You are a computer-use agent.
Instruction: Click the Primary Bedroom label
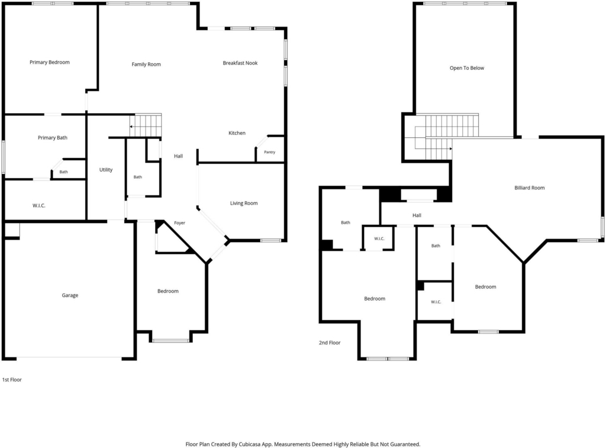tap(50, 62)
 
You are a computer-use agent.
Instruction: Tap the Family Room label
tap(146, 65)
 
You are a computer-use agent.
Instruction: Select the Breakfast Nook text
tap(240, 63)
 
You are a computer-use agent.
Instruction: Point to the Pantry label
tap(270, 152)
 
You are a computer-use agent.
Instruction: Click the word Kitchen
tap(237, 133)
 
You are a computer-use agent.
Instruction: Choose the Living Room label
tap(244, 204)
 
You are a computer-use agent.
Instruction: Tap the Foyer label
tap(180, 223)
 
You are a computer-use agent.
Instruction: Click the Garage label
tap(70, 295)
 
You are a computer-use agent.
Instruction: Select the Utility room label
tap(106, 170)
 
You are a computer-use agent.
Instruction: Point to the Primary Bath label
tap(53, 138)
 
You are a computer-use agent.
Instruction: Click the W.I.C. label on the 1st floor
tap(39, 205)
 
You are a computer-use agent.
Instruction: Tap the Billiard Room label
tap(530, 188)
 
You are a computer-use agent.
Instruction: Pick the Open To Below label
tap(467, 68)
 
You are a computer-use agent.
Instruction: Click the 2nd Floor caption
tap(330, 343)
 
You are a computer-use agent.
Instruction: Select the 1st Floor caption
tap(12, 380)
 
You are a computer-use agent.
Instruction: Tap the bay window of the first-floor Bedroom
tap(170, 340)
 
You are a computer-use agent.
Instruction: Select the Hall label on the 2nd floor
tap(417, 215)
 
